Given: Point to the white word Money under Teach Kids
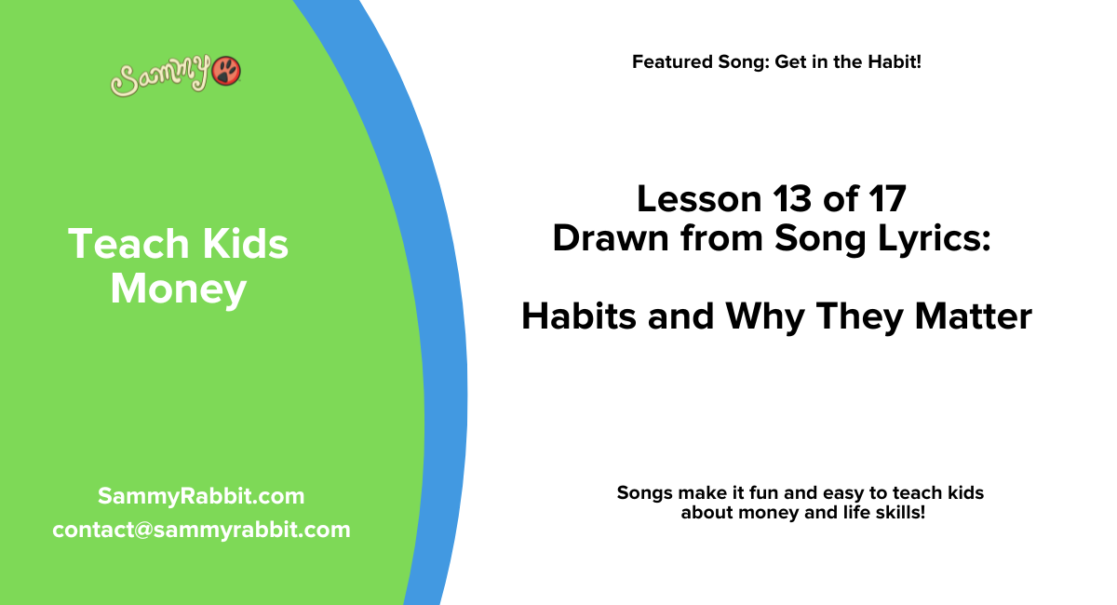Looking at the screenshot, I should (x=178, y=289).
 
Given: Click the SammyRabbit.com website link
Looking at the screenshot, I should (x=201, y=496).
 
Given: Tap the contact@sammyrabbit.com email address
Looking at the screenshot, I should (x=201, y=530).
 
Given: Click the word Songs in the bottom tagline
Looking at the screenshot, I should (x=644, y=492).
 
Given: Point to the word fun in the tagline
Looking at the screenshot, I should (x=782, y=492).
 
